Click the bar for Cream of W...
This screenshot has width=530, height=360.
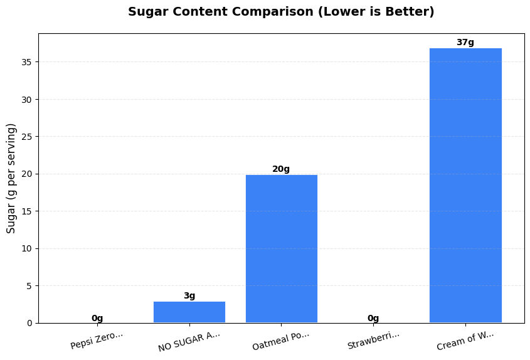[x=465, y=185]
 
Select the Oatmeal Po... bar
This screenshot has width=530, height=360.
[x=281, y=248]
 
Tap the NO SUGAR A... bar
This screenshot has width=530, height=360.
[x=189, y=312]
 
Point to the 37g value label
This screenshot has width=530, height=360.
[x=465, y=43]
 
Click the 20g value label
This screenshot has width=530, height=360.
[x=281, y=169]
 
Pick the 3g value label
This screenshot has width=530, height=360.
[x=189, y=296]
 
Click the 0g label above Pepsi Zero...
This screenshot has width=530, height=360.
[x=97, y=319]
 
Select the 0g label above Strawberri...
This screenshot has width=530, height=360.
[x=373, y=319]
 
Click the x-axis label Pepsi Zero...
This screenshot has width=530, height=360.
[x=97, y=340]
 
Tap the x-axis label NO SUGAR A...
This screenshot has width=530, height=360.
[x=189, y=341]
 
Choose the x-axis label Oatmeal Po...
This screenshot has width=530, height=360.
[x=281, y=341]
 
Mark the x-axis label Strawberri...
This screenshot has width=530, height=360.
[x=373, y=340]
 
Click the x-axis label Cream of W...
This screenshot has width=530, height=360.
[x=465, y=340]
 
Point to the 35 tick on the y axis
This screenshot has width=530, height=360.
[x=26, y=62]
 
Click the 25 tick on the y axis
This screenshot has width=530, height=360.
[x=26, y=137]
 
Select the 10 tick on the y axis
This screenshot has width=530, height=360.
[x=26, y=248]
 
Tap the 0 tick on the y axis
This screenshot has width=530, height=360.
[x=29, y=323]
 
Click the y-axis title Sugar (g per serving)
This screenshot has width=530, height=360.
[x=11, y=178]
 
